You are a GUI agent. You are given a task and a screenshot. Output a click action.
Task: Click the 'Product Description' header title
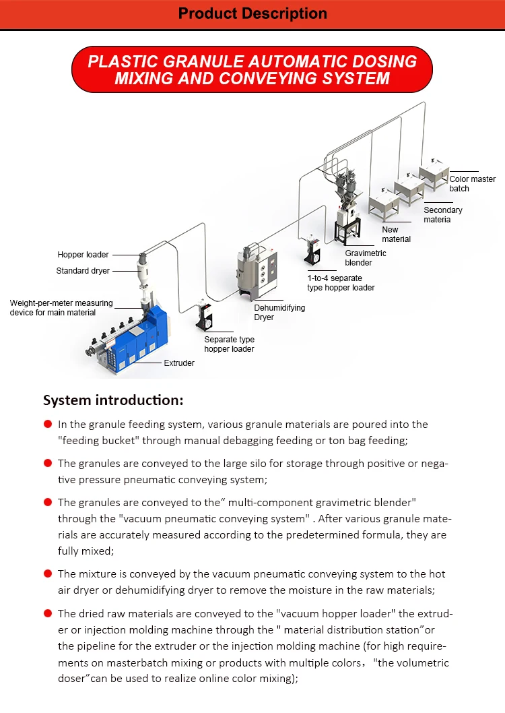252,13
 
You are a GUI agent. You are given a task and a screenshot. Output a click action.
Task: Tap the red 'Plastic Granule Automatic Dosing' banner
252,69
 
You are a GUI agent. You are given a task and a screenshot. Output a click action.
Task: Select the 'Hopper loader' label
83,255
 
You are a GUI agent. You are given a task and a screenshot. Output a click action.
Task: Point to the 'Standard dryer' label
83,271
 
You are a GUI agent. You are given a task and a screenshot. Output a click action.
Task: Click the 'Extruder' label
179,363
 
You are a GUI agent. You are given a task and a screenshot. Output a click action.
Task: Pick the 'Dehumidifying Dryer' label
279,312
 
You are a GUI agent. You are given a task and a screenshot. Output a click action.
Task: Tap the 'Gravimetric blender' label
366,258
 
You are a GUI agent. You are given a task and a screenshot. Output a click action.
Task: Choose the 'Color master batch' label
472,183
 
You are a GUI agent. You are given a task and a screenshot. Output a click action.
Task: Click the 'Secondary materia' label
443,214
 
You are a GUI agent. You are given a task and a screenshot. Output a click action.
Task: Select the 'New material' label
396,234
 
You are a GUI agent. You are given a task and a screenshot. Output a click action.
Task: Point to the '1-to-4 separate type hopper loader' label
341,282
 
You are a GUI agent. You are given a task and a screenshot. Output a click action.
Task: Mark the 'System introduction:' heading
113,400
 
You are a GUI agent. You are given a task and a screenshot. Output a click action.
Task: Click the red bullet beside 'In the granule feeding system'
48,424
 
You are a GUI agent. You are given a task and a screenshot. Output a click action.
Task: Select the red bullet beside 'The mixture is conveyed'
48,573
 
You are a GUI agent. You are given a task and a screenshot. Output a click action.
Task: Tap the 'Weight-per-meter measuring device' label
61,308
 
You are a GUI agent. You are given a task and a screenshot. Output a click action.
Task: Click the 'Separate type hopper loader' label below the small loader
229,344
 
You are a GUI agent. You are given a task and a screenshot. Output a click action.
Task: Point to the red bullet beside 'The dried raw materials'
48,613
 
